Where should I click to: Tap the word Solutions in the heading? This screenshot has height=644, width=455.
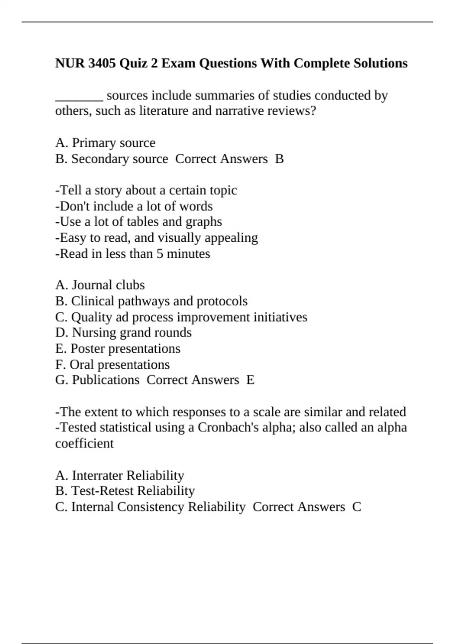coord(380,63)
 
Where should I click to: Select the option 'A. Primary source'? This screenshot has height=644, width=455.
coord(105,143)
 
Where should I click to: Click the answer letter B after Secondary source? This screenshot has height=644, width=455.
coord(279,159)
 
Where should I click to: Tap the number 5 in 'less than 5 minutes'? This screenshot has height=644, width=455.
coord(160,253)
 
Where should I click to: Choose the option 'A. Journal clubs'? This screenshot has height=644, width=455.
coord(100,285)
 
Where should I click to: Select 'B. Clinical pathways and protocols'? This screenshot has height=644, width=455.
coord(151,301)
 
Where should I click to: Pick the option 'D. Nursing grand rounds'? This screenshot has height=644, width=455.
coord(123,333)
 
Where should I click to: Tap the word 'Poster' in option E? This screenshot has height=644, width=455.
coord(88,349)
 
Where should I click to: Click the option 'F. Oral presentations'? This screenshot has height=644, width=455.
coord(112,364)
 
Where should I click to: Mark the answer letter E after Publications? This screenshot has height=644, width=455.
coord(250,380)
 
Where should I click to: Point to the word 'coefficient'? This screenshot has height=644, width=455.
coord(84,444)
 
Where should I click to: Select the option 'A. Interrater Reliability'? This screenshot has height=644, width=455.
coord(119,475)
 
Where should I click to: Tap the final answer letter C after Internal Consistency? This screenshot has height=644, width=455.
coord(356,507)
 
